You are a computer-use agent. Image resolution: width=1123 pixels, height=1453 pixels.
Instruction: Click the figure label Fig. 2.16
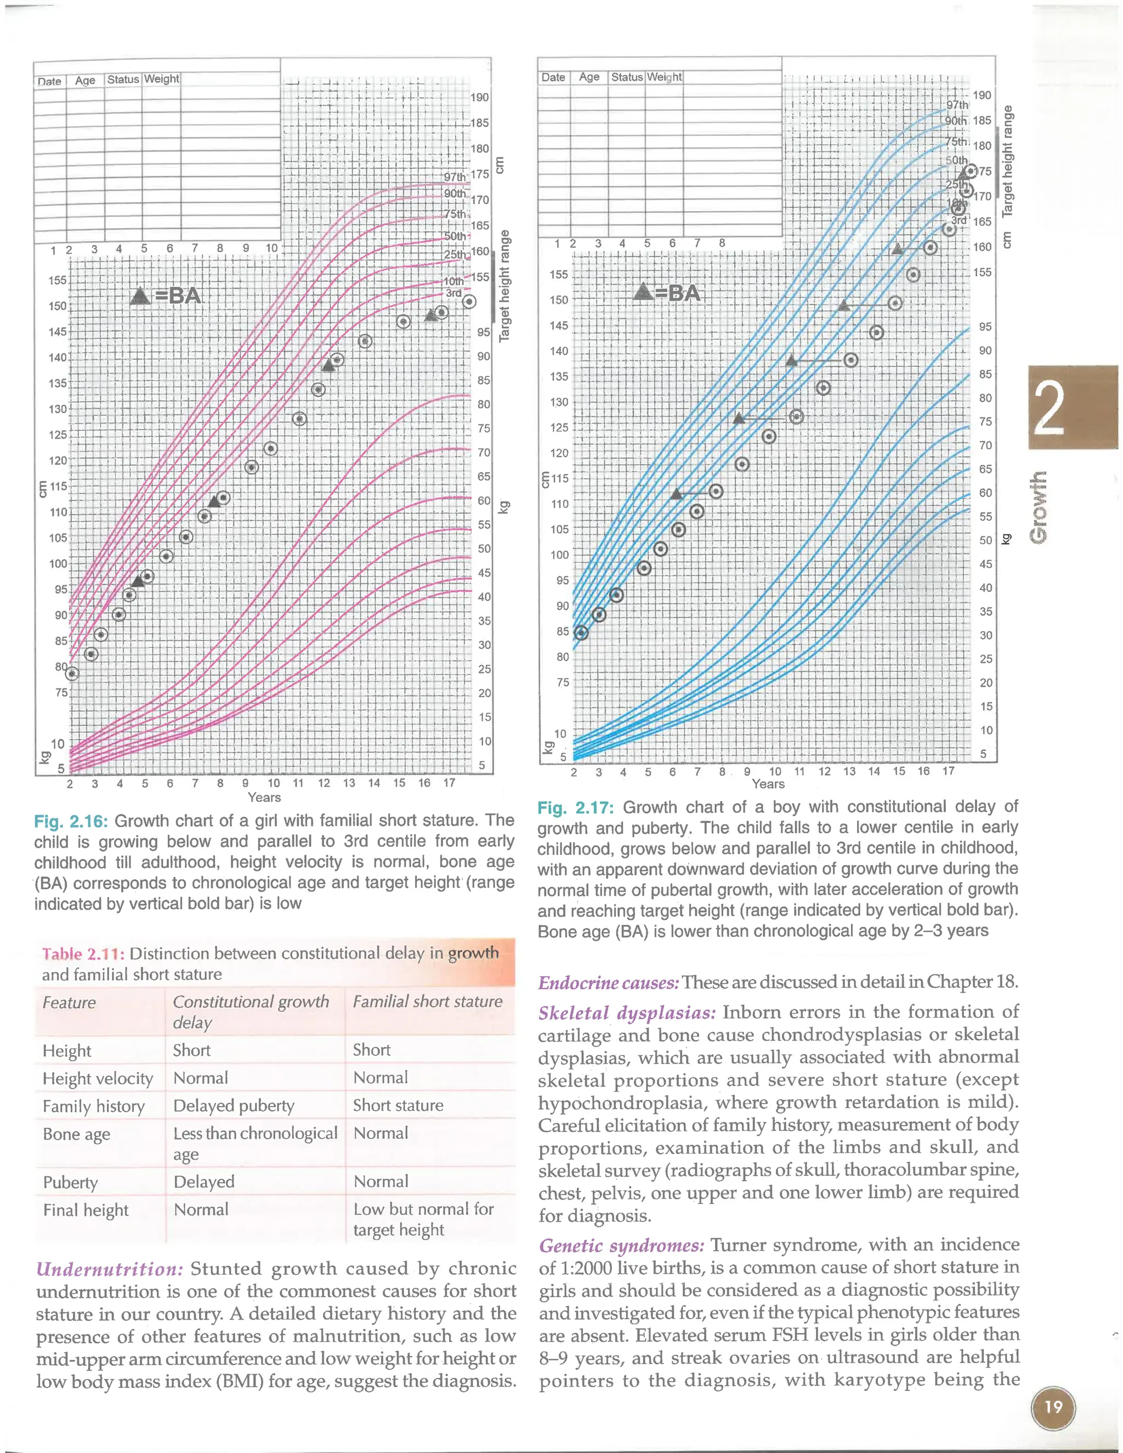(71, 822)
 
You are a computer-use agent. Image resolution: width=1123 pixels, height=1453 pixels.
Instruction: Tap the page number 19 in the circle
(1053, 1407)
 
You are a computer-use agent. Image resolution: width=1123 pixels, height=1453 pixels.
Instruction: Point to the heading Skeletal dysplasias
(627, 1013)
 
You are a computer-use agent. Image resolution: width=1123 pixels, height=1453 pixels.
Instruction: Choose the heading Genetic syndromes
(621, 1246)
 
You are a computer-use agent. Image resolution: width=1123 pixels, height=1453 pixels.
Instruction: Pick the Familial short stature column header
(428, 1001)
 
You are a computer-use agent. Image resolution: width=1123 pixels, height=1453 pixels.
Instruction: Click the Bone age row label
(77, 1134)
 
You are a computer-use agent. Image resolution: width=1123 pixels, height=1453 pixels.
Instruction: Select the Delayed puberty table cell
(234, 1106)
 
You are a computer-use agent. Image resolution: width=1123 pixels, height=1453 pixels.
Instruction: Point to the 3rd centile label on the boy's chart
(958, 220)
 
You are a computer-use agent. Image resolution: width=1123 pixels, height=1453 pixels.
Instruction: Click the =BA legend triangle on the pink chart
(140, 296)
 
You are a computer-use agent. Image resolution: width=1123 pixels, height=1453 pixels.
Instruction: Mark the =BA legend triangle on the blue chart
(643, 291)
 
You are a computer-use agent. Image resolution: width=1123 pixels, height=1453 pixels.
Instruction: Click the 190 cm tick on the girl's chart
(479, 97)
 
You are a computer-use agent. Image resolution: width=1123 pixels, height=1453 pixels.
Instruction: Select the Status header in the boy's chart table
(627, 77)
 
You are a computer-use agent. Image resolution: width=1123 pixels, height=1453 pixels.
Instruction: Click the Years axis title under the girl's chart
(264, 797)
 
